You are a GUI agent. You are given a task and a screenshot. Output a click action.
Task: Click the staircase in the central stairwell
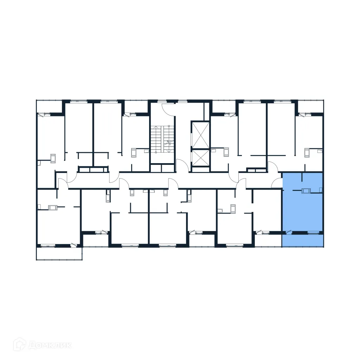click(162, 139)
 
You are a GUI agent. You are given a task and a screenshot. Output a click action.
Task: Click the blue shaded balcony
click(302, 240)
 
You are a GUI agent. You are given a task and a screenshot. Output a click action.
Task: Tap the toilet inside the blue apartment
click(321, 190)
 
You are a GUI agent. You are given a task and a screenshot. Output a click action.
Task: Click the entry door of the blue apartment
click(277, 182)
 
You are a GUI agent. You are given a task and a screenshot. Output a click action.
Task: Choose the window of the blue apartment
click(313, 232)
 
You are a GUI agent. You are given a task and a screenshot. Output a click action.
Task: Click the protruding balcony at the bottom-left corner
click(59, 253)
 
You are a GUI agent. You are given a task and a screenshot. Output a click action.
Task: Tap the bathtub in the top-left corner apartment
click(53, 158)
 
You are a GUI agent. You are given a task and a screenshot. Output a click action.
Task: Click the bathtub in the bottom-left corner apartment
click(53, 207)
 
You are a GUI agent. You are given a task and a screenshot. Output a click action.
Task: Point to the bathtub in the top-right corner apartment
click(307, 153)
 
